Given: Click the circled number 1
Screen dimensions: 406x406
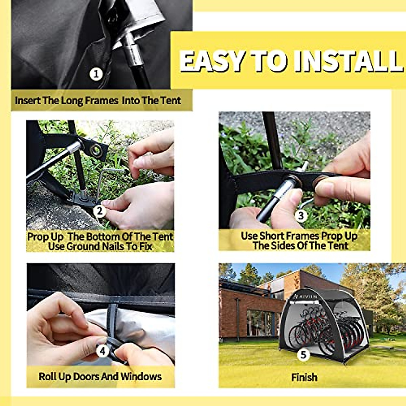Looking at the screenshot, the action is point(96,74).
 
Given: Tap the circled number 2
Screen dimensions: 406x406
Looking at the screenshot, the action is point(99,211).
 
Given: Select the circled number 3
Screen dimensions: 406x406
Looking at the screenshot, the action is point(301,215).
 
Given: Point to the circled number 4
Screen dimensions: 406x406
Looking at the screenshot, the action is point(103,351).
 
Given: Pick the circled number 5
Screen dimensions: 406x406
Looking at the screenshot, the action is point(303,355).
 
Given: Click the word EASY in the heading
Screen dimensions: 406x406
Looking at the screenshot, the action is point(212,61).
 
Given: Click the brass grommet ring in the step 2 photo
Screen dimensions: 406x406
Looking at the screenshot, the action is point(96,150).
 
